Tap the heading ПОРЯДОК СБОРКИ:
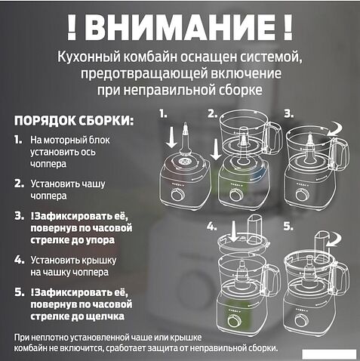click(75, 120)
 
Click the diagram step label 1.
click(164, 114)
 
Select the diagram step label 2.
click(213, 114)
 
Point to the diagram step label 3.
click(288, 114)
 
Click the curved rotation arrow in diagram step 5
click(326, 241)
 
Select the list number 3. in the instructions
click(18, 217)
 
